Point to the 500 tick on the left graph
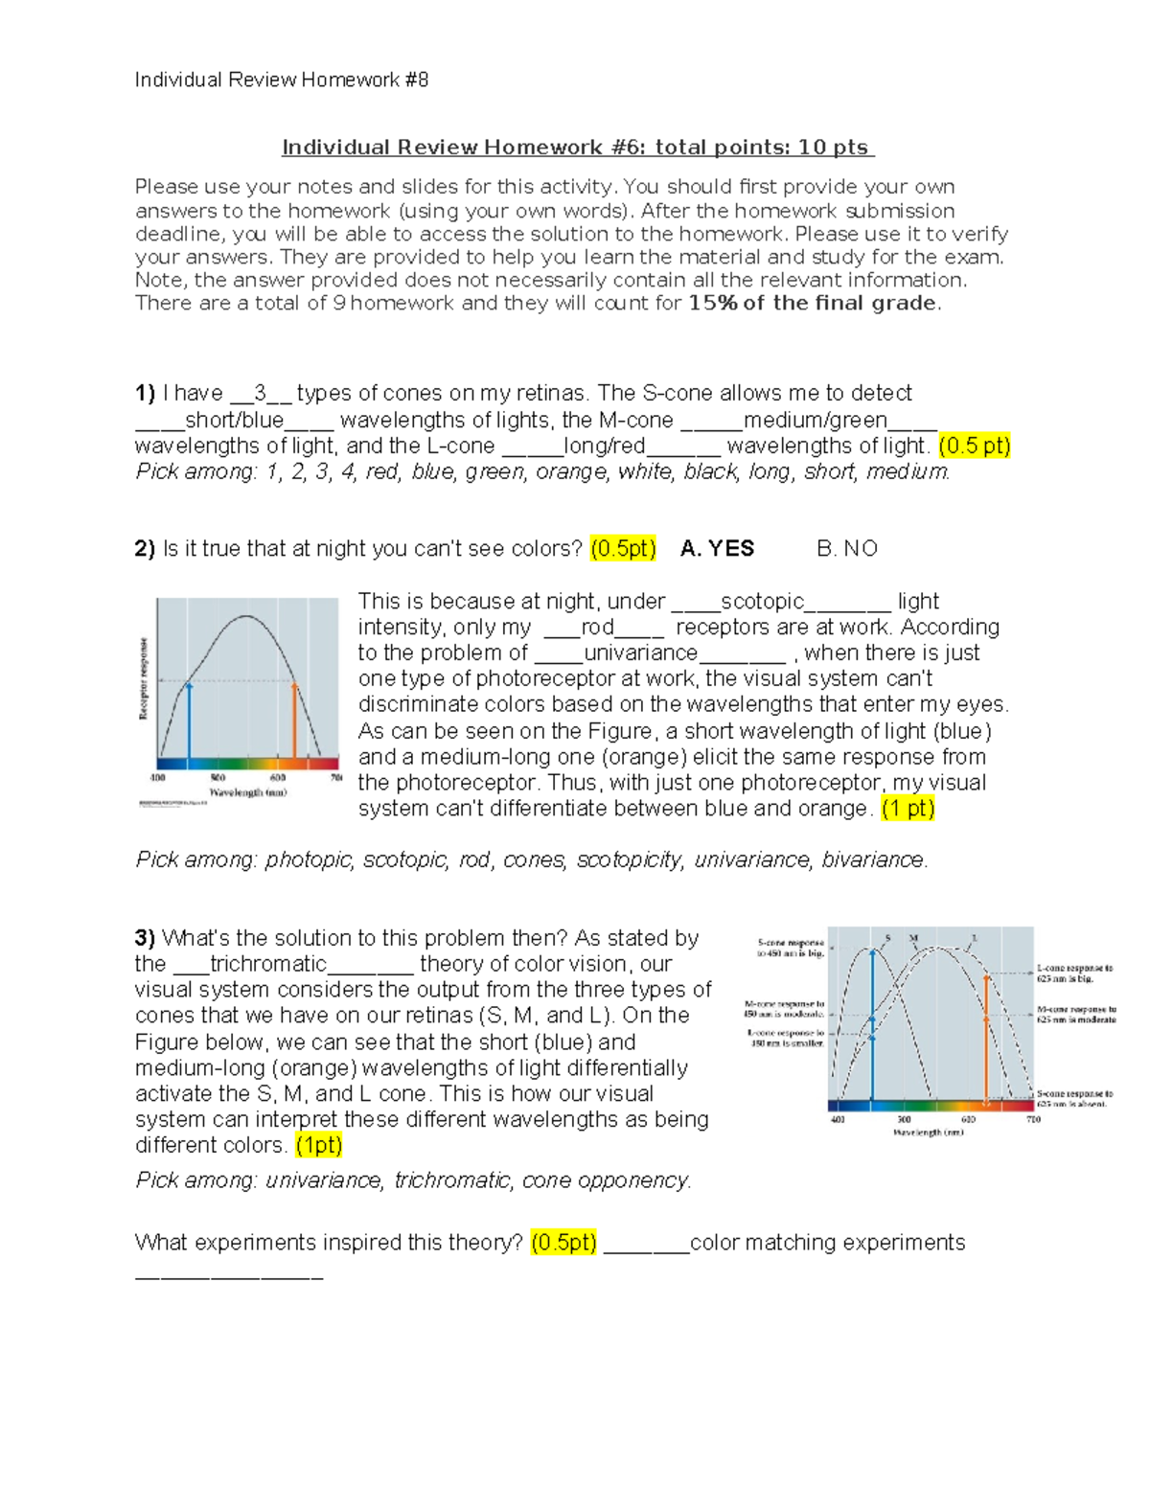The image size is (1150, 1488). point(218,778)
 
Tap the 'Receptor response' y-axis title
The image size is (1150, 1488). point(144,678)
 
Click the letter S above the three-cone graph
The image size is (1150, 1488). point(887,938)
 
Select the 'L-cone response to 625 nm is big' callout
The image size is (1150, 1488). point(1074,973)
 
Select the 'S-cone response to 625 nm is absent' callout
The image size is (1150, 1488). point(1074,1098)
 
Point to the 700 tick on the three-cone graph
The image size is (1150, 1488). point(1033,1119)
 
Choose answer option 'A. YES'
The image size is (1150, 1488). point(717,549)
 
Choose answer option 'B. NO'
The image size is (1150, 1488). point(846,549)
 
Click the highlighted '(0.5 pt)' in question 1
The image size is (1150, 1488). point(974,446)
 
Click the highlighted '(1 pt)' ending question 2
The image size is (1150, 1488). point(908,809)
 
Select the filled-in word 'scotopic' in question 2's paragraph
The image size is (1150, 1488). point(762,602)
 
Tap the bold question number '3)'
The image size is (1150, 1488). point(145,938)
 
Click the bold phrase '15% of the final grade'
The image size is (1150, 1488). point(812,304)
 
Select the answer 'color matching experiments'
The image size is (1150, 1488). point(827,1243)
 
